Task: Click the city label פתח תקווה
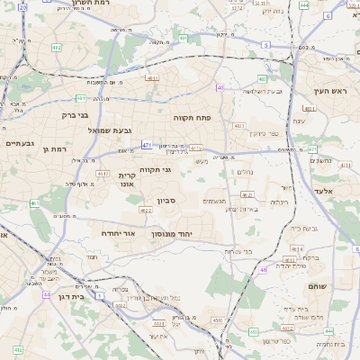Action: (x=192, y=117)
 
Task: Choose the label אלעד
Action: (x=323, y=191)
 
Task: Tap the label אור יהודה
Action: (x=118, y=232)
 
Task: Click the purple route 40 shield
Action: (x=220, y=87)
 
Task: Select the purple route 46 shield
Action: (x=263, y=269)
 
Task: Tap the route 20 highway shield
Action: (x=23, y=6)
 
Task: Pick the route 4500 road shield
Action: (x=217, y=319)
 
